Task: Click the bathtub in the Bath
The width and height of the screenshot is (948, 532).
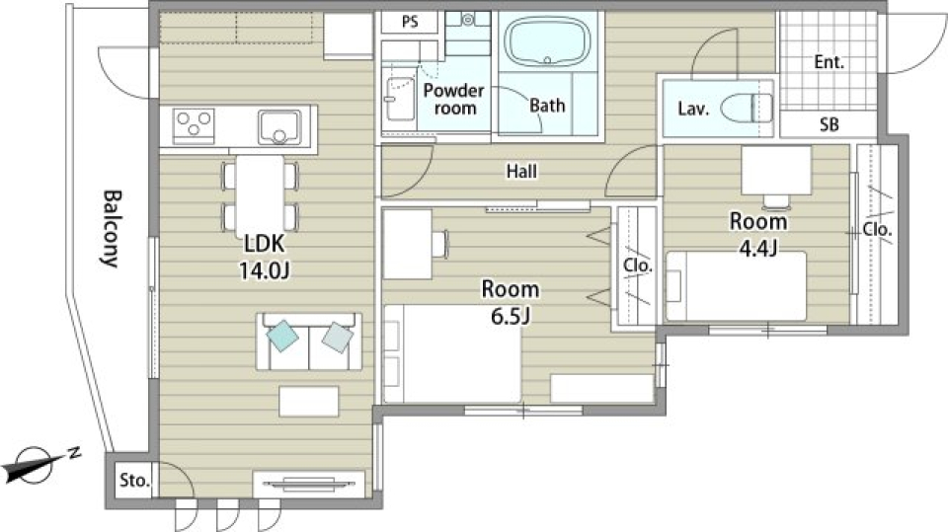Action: pyautogui.click(x=548, y=41)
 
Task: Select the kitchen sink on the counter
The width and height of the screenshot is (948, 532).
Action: pyautogui.click(x=279, y=127)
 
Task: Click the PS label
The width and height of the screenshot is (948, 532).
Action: pyautogui.click(x=410, y=23)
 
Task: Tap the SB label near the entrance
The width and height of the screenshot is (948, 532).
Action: pyautogui.click(x=829, y=124)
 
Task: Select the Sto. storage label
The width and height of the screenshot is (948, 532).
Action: pyautogui.click(x=134, y=481)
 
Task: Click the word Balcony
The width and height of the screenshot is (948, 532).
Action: pyautogui.click(x=111, y=229)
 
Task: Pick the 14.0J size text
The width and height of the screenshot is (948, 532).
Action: pyautogui.click(x=265, y=270)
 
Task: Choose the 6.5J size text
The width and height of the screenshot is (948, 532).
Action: pyautogui.click(x=511, y=315)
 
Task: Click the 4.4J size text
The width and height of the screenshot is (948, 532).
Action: pyautogui.click(x=758, y=248)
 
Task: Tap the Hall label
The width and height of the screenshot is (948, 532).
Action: pyautogui.click(x=521, y=172)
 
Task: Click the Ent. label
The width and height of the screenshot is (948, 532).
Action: pyautogui.click(x=829, y=61)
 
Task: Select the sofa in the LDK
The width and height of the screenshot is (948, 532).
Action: pyautogui.click(x=309, y=341)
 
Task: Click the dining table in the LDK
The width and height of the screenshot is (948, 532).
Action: pyautogui.click(x=260, y=192)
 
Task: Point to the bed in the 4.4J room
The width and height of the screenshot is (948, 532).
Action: pyautogui.click(x=736, y=286)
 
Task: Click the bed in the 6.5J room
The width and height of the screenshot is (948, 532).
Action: pyautogui.click(x=452, y=353)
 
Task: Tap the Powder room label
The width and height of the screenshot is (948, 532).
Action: pyautogui.click(x=454, y=100)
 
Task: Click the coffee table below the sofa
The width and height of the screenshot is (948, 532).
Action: pyautogui.click(x=309, y=402)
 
